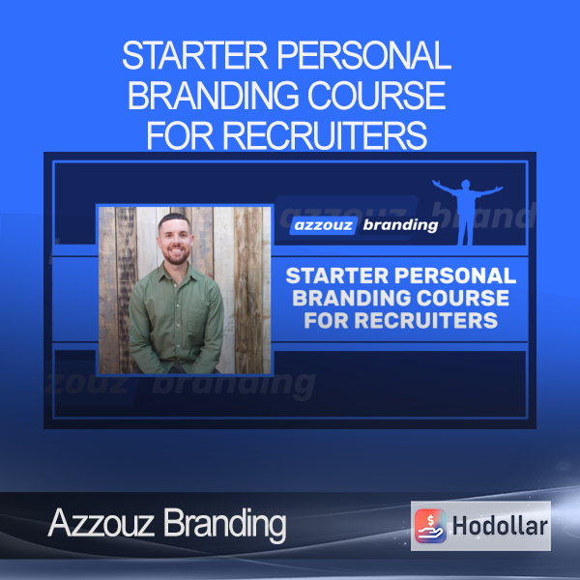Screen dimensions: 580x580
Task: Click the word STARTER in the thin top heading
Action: point(194,55)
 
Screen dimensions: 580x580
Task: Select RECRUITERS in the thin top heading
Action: point(325,135)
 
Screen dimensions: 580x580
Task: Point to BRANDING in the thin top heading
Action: point(213,95)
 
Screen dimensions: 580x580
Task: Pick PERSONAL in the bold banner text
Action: point(455,275)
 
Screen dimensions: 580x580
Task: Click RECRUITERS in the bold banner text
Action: point(426,320)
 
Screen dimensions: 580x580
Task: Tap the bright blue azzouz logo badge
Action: point(323,225)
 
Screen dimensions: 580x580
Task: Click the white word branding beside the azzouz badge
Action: point(400,225)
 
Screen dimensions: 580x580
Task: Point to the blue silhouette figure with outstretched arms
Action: point(467,212)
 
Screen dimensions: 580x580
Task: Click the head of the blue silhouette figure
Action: point(466,185)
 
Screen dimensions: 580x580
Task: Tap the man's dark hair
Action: point(175,220)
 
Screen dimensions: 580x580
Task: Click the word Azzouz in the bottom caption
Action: point(101,523)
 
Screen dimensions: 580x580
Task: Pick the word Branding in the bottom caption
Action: point(225,525)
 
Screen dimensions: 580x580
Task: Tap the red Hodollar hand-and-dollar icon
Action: point(430,526)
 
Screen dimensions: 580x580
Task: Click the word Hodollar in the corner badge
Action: point(500,526)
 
